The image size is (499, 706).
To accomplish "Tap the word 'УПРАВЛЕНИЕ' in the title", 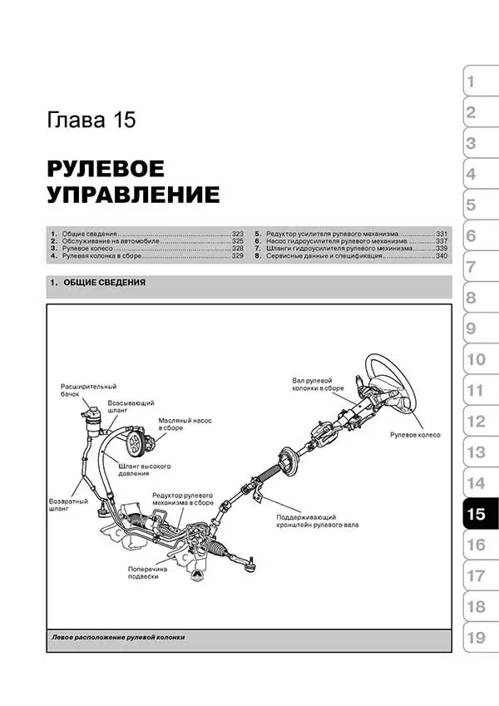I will pos(133,196).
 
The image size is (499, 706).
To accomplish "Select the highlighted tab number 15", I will pos(476,514).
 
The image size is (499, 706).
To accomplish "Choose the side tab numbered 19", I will pos(476,638).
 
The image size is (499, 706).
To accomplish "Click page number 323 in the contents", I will pos(237,234).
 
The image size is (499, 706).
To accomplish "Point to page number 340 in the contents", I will pos(442,257).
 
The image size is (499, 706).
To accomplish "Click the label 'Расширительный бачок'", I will pos(88,391).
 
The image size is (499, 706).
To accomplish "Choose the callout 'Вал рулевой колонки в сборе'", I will pos(312,388).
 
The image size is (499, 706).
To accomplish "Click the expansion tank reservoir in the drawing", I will pos(91,420).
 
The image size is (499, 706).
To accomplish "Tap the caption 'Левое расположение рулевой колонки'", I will pos(118,638).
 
